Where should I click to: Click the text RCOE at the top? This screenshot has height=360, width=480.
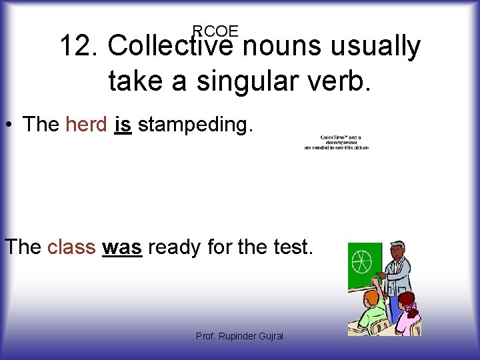tap(215, 31)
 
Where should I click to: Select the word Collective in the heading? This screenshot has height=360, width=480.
tap(170, 47)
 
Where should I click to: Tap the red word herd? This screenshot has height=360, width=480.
tap(87, 124)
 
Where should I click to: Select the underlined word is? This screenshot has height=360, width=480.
tap(123, 124)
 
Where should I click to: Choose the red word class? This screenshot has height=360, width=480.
tap(71, 247)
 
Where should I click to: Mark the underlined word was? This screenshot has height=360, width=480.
tap(122, 247)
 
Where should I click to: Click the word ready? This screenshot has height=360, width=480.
tap(175, 248)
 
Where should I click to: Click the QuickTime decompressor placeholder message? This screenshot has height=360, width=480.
tap(336, 143)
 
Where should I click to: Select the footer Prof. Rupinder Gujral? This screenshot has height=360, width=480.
tap(239, 336)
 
